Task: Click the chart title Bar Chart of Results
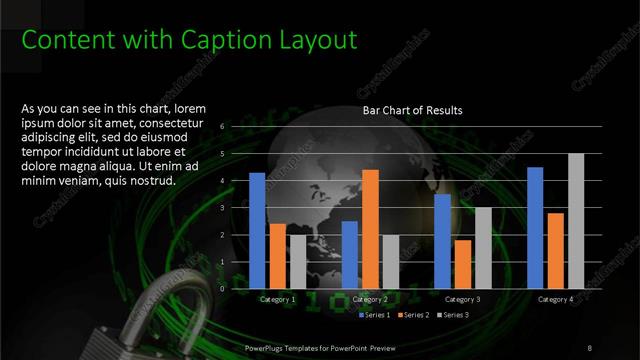(412, 110)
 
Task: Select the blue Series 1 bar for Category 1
(257, 230)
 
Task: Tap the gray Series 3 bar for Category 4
(576, 221)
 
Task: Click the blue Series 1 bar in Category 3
(442, 241)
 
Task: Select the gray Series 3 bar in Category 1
(298, 261)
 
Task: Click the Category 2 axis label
(371, 299)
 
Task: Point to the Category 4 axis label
(555, 299)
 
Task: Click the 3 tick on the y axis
(236, 208)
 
